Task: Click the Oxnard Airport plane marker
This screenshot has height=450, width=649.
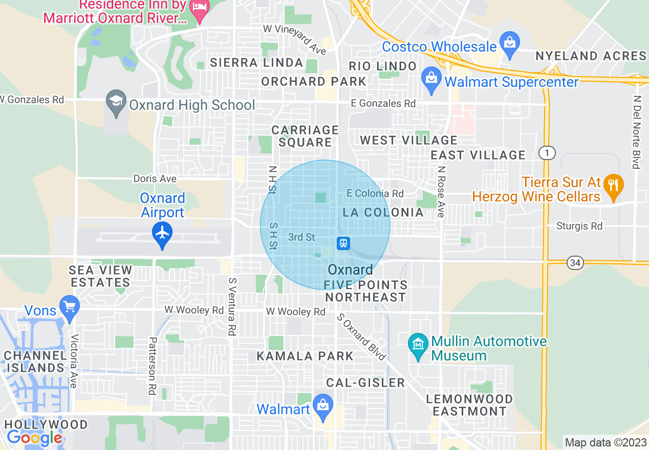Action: point(162,233)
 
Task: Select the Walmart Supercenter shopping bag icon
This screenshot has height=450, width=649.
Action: point(431,79)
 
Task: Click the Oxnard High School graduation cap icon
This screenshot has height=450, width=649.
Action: point(116,101)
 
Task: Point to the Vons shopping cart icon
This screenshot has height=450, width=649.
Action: point(69,307)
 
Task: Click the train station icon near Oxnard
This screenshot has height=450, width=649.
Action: point(343,243)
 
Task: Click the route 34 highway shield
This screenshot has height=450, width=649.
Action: point(575,263)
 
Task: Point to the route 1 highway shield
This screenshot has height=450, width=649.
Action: point(547,152)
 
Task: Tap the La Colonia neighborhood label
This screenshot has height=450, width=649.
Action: point(383,212)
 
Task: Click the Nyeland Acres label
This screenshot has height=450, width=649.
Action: point(591,56)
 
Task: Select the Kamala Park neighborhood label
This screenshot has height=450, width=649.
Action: point(305,356)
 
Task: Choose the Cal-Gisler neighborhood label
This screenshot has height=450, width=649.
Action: point(365,382)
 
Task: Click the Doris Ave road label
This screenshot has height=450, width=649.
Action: point(155,178)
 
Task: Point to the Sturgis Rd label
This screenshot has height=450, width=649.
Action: point(579,226)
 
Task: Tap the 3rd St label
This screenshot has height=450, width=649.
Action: point(301,237)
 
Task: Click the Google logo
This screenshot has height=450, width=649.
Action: point(34,437)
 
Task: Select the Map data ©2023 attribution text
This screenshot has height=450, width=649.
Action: point(604,443)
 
